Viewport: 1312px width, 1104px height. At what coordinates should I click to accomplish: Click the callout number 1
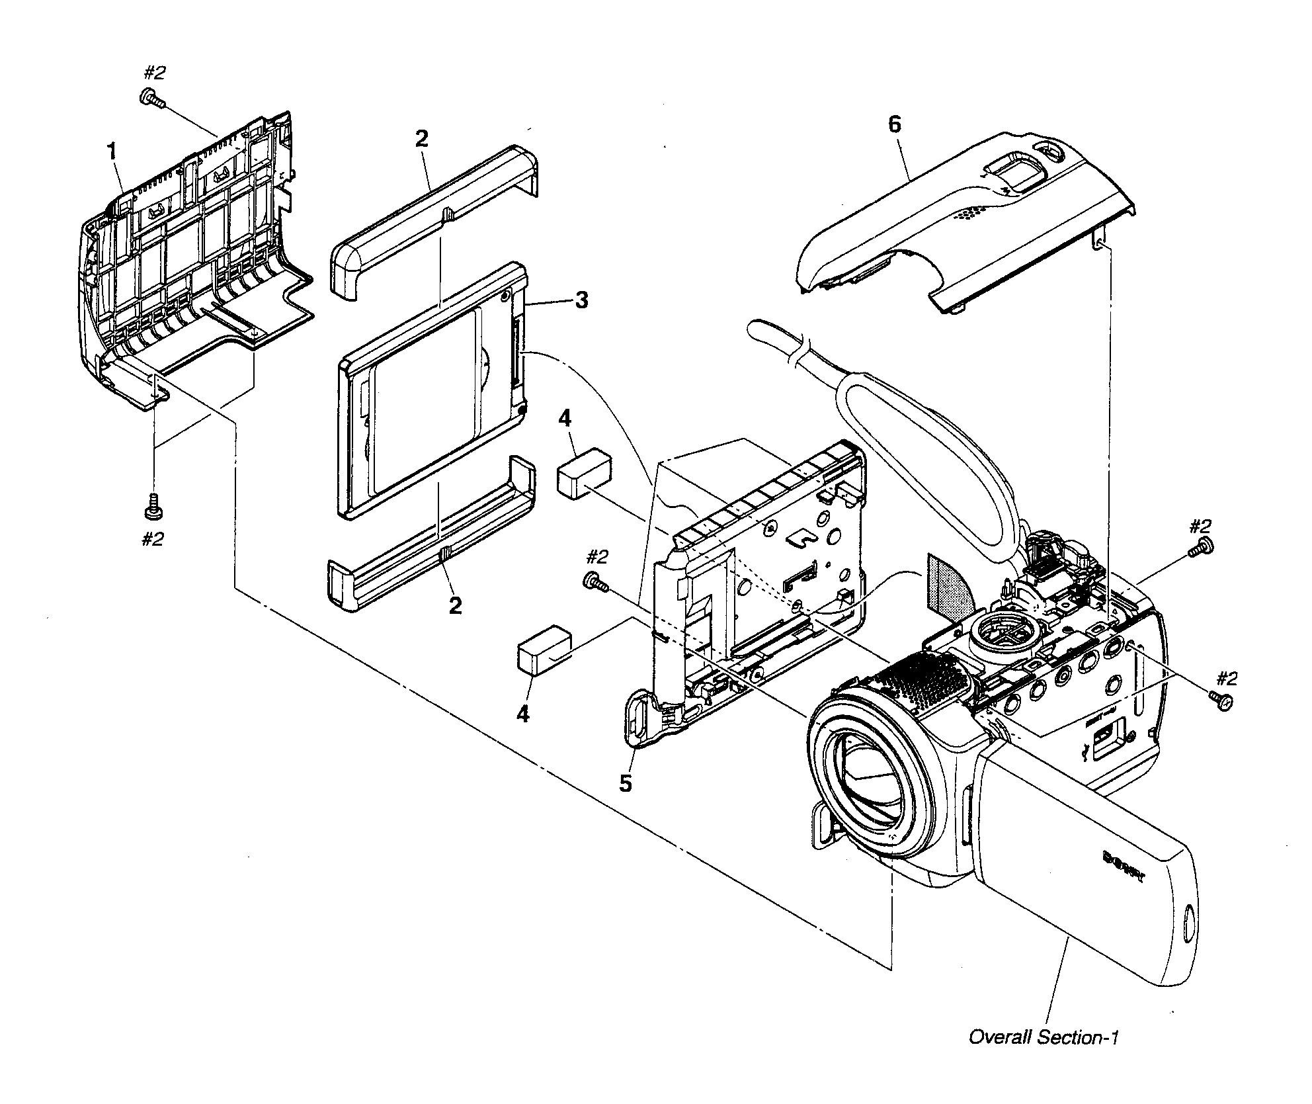(112, 152)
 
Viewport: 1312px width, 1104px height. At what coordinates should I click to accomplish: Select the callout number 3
(581, 300)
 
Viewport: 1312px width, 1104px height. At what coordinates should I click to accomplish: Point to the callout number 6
(894, 124)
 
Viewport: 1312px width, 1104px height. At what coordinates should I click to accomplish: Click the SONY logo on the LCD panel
(1124, 867)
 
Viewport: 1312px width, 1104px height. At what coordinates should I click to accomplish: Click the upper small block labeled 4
(583, 472)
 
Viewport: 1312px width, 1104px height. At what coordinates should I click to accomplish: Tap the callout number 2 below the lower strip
(455, 605)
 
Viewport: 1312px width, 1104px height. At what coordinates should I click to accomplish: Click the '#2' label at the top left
(155, 73)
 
